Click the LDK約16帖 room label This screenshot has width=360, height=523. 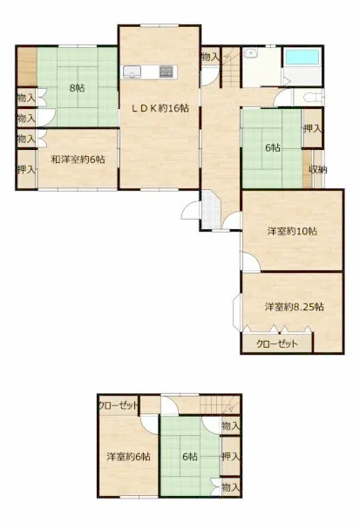(160, 108)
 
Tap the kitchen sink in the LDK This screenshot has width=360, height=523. (132, 71)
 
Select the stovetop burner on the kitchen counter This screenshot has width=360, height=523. (166, 71)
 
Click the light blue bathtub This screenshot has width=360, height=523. (302, 57)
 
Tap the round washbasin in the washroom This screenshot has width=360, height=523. (249, 53)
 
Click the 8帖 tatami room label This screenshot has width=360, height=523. (77, 88)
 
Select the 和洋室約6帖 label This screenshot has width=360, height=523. (78, 160)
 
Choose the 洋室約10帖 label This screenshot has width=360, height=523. (292, 231)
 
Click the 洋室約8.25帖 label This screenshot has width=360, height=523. (295, 307)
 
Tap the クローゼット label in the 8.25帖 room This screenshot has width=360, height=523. (276, 343)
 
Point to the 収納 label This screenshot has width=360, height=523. (318, 170)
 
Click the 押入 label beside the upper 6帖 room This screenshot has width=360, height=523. (313, 129)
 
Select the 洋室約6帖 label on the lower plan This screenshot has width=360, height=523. (128, 457)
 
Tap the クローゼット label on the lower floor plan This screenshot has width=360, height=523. (118, 405)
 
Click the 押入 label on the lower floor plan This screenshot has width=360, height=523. (231, 457)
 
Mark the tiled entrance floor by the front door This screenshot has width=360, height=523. (209, 209)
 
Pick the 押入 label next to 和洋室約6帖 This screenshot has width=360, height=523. (26, 170)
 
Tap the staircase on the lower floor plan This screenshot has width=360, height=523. (220, 404)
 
